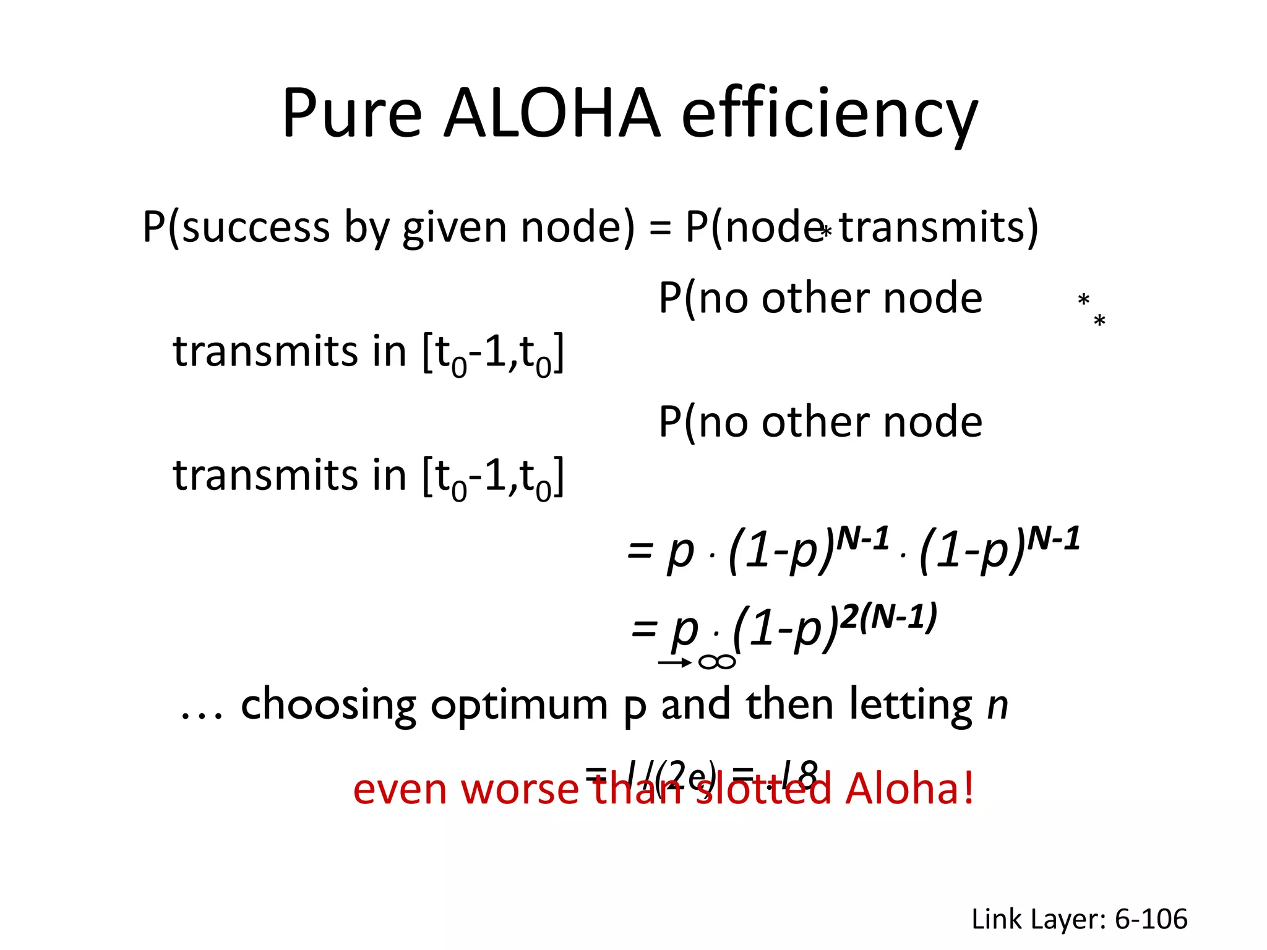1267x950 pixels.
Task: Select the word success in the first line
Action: (x=256, y=227)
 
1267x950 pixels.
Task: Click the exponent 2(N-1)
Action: (x=890, y=617)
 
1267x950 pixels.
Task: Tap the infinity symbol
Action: (x=717, y=662)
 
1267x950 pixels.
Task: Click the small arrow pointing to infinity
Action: (x=675, y=663)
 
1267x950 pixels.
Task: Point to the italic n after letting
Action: (x=997, y=705)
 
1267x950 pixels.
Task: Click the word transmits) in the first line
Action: (x=938, y=228)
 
